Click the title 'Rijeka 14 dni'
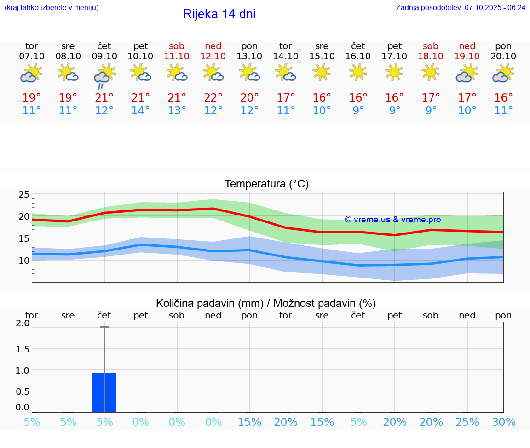coord(219,14)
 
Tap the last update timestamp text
coord(461,7)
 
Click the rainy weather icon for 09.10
coord(104,76)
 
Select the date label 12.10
coord(213,56)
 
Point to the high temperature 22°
coord(213,97)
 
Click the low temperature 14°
coord(140,110)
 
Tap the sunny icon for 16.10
coord(358,72)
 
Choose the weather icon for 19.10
coord(467,73)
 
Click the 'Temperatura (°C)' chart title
coord(266,184)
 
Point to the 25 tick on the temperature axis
coord(24,194)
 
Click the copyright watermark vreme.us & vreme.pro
coord(392,220)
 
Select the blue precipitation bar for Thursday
coord(104,392)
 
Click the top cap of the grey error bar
coord(104,327)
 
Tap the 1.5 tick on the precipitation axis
coord(23,349)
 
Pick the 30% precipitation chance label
coord(503,422)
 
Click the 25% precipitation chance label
coord(467,422)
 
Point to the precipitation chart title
coord(266,303)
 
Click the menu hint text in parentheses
coord(52,7)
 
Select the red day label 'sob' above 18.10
coord(431,46)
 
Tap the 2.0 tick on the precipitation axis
coord(23,323)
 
